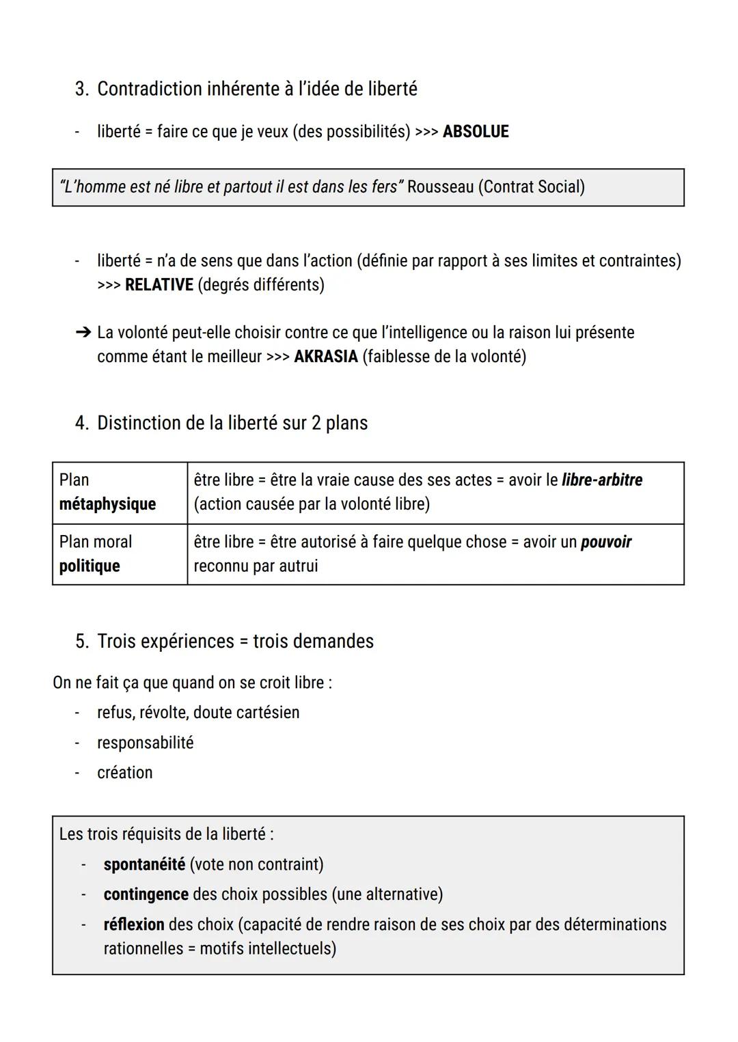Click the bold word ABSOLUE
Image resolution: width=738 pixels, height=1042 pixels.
point(476,131)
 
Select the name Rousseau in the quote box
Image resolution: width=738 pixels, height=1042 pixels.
point(440,187)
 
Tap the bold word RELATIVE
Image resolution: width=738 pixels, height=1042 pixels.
point(159,284)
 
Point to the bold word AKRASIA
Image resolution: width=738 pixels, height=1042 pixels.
point(326,357)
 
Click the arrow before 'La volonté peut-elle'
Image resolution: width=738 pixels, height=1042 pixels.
point(83,333)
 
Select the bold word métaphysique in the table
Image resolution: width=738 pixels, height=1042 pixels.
point(107,504)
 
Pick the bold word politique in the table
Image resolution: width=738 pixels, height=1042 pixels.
point(90,566)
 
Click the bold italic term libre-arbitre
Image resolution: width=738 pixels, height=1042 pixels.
point(602,480)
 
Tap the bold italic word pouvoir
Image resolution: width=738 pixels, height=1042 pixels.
point(606,542)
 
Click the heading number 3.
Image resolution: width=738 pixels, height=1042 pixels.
point(81,89)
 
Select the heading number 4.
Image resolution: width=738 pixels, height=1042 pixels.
point(81,423)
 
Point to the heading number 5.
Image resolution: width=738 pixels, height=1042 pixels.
point(81,642)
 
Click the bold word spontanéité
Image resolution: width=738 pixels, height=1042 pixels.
point(144,864)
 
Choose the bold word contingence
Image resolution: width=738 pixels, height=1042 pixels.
point(146,894)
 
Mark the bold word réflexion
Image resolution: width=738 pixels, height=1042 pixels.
point(134,924)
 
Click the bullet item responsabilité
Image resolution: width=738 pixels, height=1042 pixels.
point(145,743)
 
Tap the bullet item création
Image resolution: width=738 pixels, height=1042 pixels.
point(125,773)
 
